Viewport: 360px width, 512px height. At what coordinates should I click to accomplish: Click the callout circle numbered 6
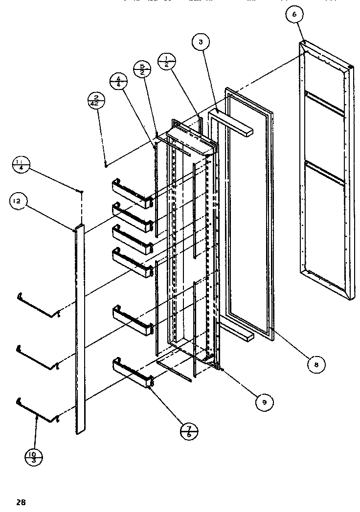(x=294, y=15)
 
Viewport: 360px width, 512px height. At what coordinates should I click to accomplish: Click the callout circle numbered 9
(x=264, y=402)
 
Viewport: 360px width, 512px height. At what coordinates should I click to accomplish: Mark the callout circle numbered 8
(x=317, y=364)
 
